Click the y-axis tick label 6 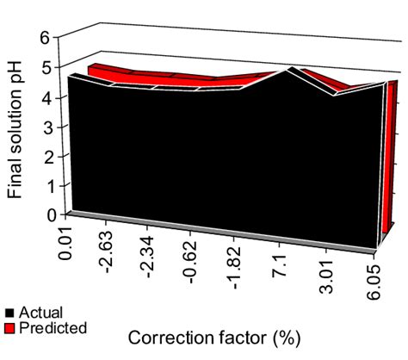pyautogui.click(x=54, y=39)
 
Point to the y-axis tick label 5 pyautogui.click(x=54, y=68)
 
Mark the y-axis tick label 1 pyautogui.click(x=54, y=185)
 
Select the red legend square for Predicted pyautogui.click(x=9, y=328)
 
